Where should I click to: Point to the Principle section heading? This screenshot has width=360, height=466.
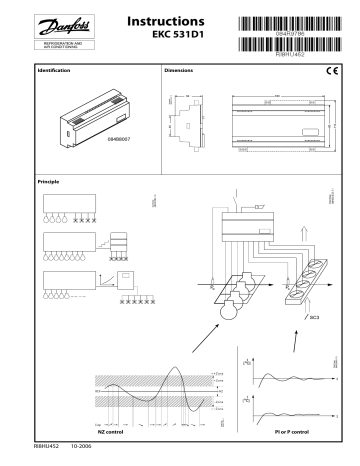pos(49,182)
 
